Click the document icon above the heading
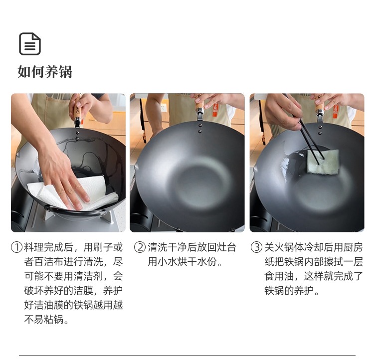click(x=30, y=44)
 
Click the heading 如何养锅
click(x=44, y=72)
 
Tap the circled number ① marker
click(x=16, y=247)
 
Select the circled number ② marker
click(x=140, y=247)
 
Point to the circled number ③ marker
click(x=257, y=247)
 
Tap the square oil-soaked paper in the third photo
click(x=323, y=162)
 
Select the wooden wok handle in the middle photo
click(x=199, y=105)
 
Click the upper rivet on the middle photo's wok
click(x=200, y=126)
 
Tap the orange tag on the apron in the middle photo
click(x=215, y=110)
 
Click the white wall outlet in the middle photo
click(x=164, y=107)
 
